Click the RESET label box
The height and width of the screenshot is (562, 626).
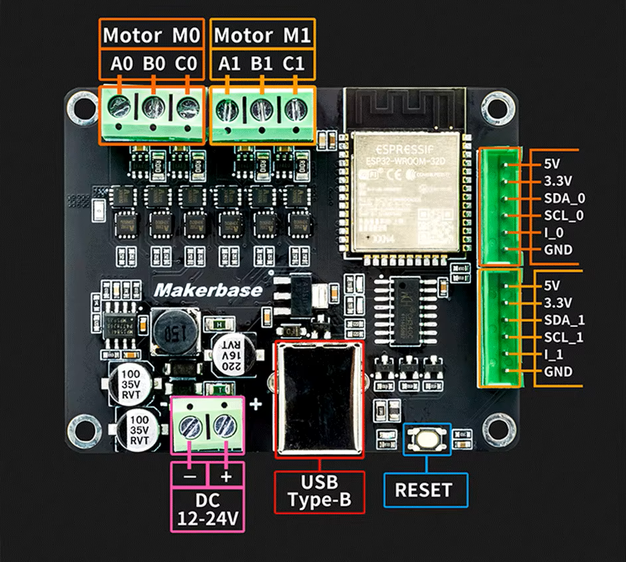(423, 490)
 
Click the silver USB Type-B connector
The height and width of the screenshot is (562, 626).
(319, 399)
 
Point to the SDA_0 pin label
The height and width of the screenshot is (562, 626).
(564, 199)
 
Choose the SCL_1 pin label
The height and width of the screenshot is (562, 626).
(564, 337)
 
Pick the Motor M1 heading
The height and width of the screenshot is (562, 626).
(262, 35)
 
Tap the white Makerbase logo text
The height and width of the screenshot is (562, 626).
(208, 290)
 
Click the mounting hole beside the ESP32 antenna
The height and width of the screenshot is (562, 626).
(494, 104)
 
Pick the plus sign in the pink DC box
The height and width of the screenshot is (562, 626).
(226, 476)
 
